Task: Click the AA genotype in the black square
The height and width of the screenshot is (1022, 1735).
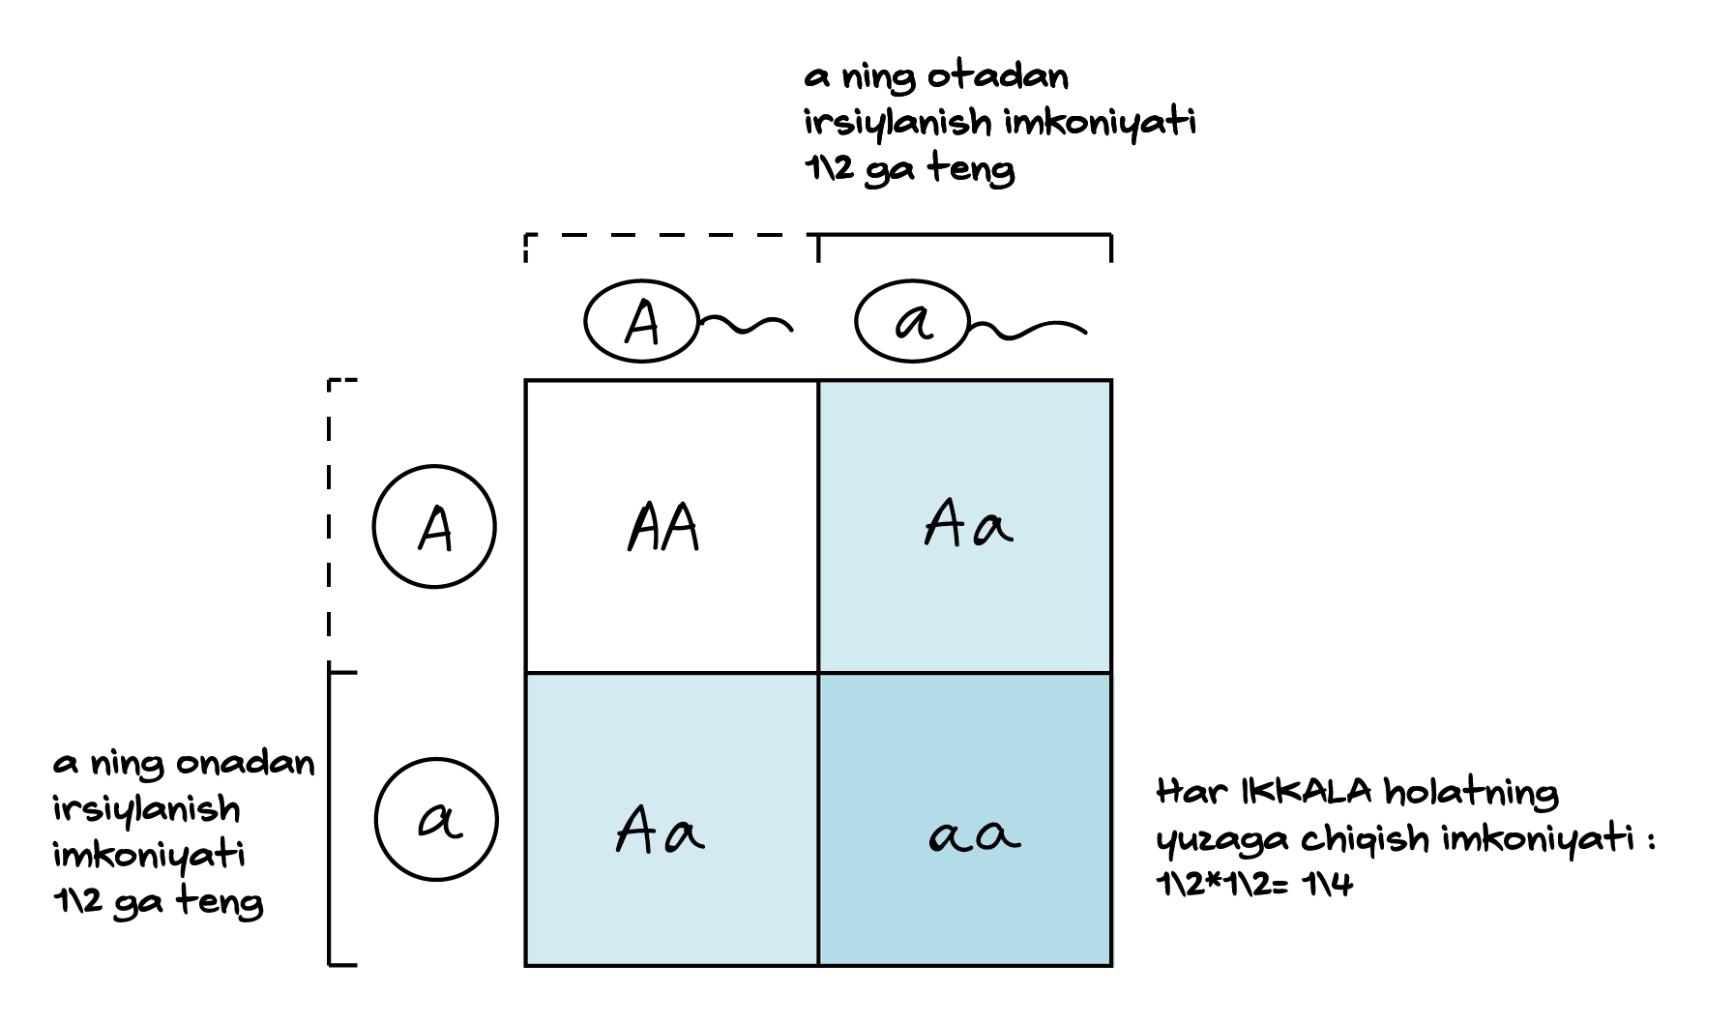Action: [x=663, y=528]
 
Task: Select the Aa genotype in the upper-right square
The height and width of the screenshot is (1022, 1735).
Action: [x=968, y=527]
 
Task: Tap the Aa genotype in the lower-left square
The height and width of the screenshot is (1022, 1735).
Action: [x=660, y=831]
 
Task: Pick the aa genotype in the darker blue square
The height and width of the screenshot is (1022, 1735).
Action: [x=974, y=833]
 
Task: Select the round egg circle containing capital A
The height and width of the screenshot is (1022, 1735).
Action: [x=434, y=528]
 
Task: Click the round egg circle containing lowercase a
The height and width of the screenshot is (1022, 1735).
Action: [x=435, y=821]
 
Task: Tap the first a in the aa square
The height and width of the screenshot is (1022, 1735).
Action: [x=949, y=836]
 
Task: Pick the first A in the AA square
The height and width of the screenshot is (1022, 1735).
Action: [x=645, y=529]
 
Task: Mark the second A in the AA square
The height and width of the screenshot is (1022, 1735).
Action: [x=682, y=529]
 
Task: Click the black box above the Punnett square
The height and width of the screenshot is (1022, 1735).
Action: [x=997, y=122]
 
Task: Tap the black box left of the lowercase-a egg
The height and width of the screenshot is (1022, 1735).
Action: [x=184, y=836]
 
